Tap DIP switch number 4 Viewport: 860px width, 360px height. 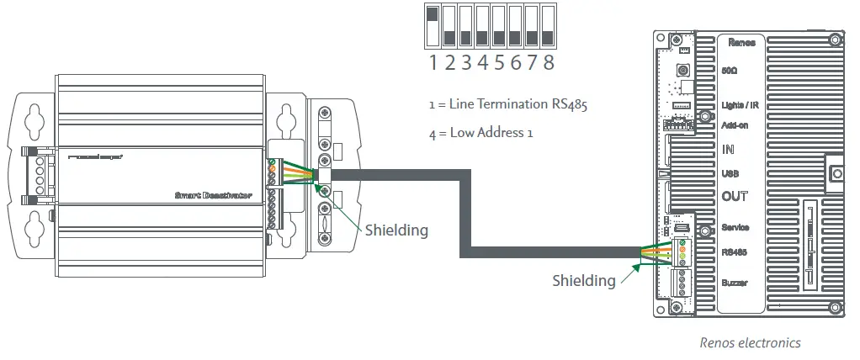482,25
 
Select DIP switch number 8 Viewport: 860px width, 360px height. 548,25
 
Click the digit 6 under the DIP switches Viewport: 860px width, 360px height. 515,62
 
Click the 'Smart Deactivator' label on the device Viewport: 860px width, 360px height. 213,194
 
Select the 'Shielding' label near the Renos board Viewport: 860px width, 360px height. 583,280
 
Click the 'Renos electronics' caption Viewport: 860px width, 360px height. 750,342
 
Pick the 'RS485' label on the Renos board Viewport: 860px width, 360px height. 735,251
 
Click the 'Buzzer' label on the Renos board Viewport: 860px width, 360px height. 735,283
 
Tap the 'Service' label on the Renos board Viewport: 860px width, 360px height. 735,228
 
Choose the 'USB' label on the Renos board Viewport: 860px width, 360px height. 730,174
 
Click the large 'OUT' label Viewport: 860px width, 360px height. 735,197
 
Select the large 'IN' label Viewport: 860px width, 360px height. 729,150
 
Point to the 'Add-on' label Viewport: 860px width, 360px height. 735,125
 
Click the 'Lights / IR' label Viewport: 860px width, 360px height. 741,104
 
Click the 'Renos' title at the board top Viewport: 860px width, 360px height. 741,41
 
